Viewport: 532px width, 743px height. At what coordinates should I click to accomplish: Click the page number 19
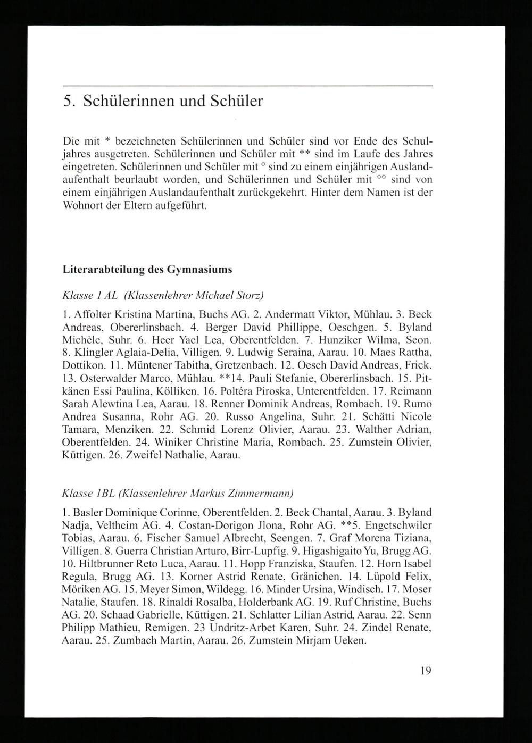point(425,671)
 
